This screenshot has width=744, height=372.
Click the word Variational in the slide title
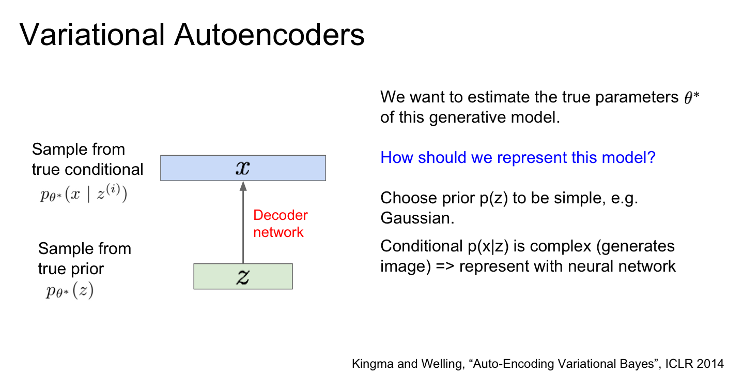point(92,35)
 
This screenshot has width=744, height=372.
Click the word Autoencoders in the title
point(269,35)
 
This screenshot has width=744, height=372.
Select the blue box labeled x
point(243,168)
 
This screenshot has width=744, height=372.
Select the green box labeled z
point(243,276)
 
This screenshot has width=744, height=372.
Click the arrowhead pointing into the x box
point(243,186)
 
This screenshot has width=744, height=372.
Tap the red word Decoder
point(281,215)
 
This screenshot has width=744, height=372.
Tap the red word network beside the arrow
point(278,232)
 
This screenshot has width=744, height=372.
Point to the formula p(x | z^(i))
point(84,194)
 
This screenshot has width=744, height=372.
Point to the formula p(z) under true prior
point(70,290)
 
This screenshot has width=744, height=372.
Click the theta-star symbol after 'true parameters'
point(692,97)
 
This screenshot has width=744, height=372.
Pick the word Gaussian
point(417,218)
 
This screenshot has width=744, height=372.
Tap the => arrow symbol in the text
point(445,266)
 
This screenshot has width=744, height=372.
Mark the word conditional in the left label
point(104,169)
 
